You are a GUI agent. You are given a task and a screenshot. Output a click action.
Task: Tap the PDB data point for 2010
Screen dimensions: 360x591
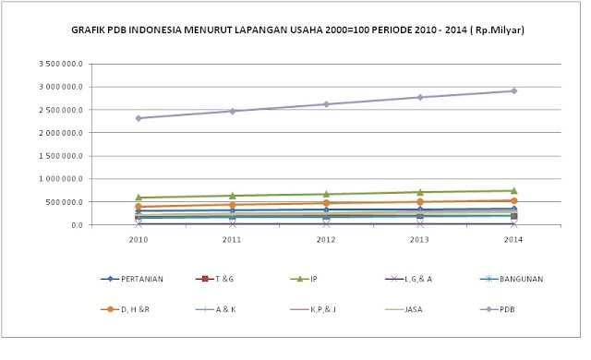coord(138,118)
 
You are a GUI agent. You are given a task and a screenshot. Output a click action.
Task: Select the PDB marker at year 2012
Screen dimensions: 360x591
coord(326,104)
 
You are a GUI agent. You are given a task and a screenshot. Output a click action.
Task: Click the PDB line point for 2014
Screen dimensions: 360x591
coord(513,90)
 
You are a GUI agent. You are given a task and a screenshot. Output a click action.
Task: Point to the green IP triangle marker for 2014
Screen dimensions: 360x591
coord(513,190)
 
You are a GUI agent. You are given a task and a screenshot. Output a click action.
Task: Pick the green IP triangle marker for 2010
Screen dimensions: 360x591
coord(138,197)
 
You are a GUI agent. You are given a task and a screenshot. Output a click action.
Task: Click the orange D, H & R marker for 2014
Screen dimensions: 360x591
coord(513,200)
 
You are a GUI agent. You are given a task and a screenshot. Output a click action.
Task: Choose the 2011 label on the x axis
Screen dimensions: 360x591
coord(232,240)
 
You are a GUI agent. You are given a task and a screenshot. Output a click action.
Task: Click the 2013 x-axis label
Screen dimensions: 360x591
coord(419,240)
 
